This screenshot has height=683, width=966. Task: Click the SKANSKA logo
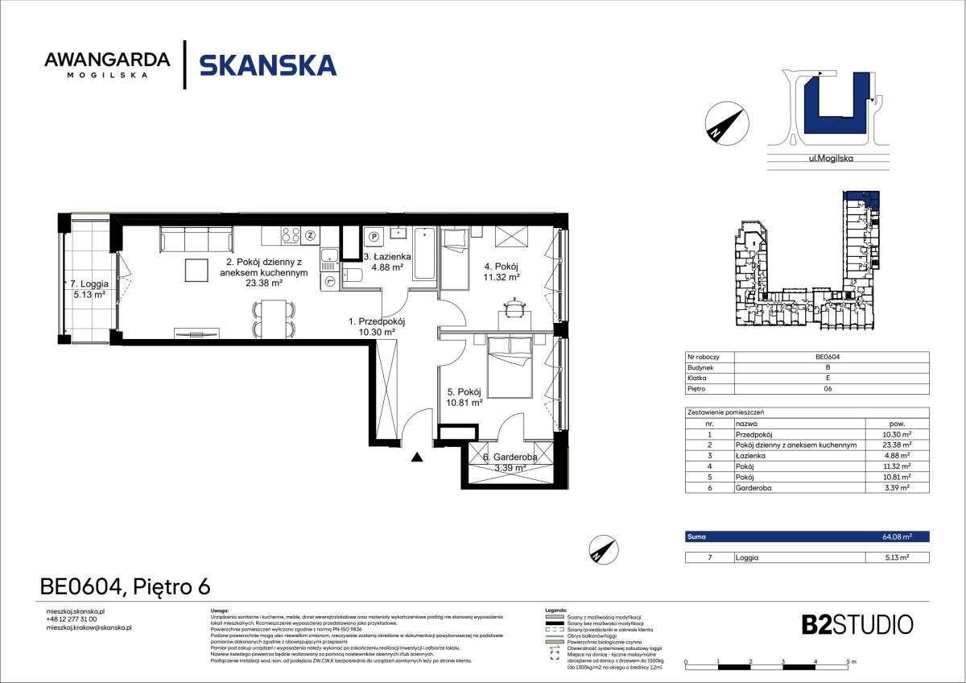267,64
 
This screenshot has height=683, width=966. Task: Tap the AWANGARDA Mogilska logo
107,64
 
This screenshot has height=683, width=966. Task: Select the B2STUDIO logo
857,624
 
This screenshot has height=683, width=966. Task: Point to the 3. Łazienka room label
387,263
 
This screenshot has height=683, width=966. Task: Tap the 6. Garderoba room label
510,462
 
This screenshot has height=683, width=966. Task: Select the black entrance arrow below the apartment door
417,458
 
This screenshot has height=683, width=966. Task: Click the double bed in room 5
510,367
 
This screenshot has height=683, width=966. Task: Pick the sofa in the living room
197,238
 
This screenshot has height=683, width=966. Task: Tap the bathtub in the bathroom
425,255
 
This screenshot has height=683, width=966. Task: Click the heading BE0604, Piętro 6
125,587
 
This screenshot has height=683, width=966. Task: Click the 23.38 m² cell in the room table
895,444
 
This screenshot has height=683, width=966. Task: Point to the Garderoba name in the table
753,487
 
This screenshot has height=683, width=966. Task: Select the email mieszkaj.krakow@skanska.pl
89,627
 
